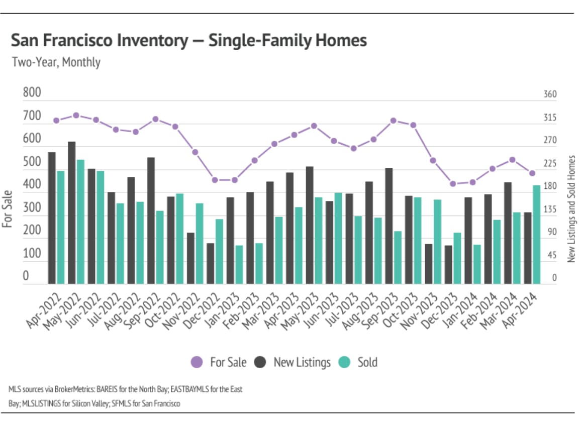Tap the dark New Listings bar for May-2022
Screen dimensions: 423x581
coord(72,213)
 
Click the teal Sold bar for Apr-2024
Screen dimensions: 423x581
coord(536,235)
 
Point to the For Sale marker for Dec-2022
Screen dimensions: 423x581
coord(215,180)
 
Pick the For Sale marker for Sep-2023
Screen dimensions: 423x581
coord(394,121)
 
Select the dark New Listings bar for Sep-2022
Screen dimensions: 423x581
coord(151,221)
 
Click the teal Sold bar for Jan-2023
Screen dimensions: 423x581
coord(239,265)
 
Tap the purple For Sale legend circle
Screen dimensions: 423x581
coord(197,362)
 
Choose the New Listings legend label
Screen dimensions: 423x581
coord(302,362)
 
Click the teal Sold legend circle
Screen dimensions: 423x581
coord(344,362)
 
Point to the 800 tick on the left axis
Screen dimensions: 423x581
coord(32,93)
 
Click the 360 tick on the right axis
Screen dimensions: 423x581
coord(550,94)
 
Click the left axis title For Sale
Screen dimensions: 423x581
coord(8,209)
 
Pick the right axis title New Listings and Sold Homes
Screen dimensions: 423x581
coord(571,208)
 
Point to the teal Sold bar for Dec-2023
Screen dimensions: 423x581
coord(457,258)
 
